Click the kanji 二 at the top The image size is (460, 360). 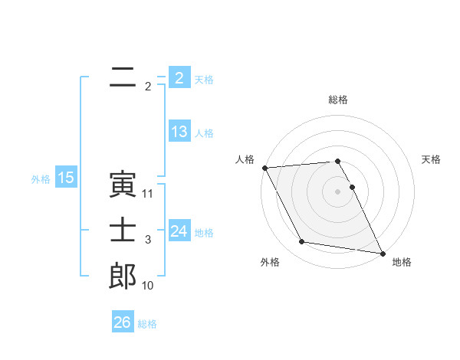click(x=122, y=77)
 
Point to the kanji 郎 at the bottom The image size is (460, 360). click(x=123, y=276)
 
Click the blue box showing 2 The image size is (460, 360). click(x=179, y=78)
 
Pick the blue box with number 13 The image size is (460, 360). click(x=179, y=132)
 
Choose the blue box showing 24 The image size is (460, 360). click(x=179, y=231)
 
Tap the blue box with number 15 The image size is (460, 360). click(x=66, y=178)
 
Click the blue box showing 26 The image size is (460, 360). click(x=122, y=322)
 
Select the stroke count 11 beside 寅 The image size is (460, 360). click(x=148, y=194)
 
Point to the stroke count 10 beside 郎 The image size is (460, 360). click(x=148, y=286)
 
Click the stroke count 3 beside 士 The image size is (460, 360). click(x=148, y=240)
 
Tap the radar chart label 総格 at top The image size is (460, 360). click(x=338, y=100)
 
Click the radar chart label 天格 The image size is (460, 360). click(x=432, y=159)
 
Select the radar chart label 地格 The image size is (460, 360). click(x=402, y=262)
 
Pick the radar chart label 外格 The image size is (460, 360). click(x=270, y=262)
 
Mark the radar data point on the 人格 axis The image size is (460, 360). click(x=264, y=168)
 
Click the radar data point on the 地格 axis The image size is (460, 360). click(x=382, y=252)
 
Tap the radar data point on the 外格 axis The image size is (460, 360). click(x=302, y=242)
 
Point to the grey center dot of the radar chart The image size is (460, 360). click(x=338, y=191)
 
